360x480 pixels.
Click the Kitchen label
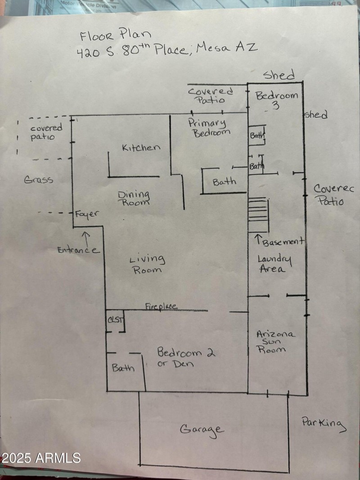(141, 148)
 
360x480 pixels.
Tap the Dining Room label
(134, 198)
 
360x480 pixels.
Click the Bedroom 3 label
(276, 99)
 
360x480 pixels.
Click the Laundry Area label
(274, 264)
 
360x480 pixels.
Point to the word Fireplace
(161, 307)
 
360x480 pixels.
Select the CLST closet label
(113, 320)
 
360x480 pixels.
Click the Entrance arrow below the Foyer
(85, 236)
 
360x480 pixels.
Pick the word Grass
(39, 180)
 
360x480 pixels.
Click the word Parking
(324, 424)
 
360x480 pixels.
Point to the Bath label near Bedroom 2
(123, 368)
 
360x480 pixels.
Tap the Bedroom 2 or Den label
(185, 356)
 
